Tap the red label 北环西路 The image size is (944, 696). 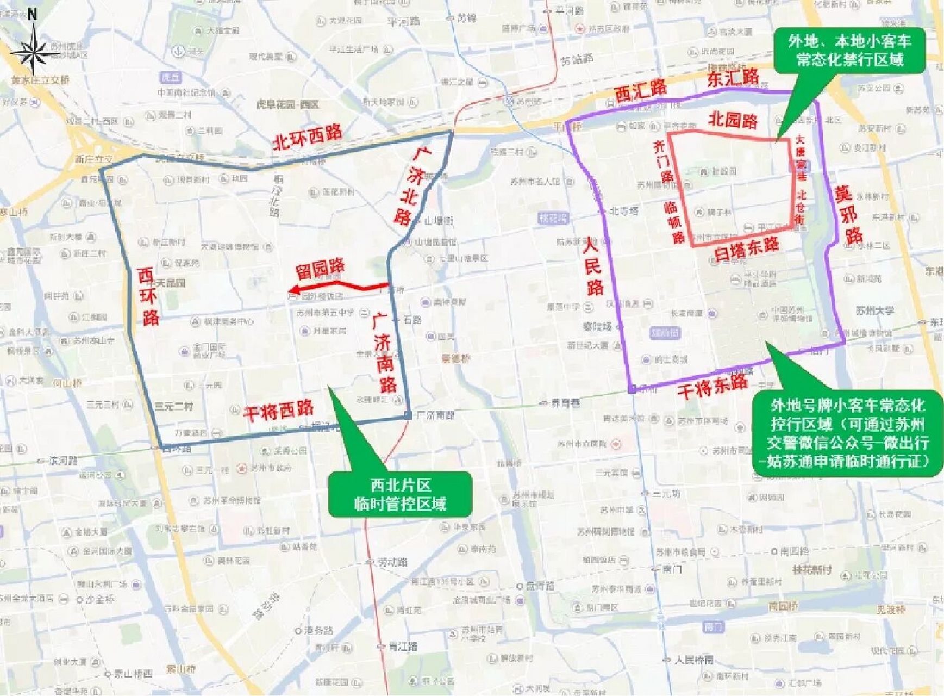coord(307,136)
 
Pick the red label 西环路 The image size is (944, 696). coord(147,296)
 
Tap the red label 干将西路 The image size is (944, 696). coord(278,411)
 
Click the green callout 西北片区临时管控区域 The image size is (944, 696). coord(400,494)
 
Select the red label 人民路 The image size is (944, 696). coord(593,266)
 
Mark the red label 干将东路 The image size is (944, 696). coord(712,387)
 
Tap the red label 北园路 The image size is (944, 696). coord(732,120)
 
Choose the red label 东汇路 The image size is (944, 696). coord(733,78)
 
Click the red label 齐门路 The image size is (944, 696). coord(662,160)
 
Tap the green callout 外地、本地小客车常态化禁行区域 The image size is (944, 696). coord(849,50)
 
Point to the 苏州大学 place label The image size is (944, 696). coord(874,311)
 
